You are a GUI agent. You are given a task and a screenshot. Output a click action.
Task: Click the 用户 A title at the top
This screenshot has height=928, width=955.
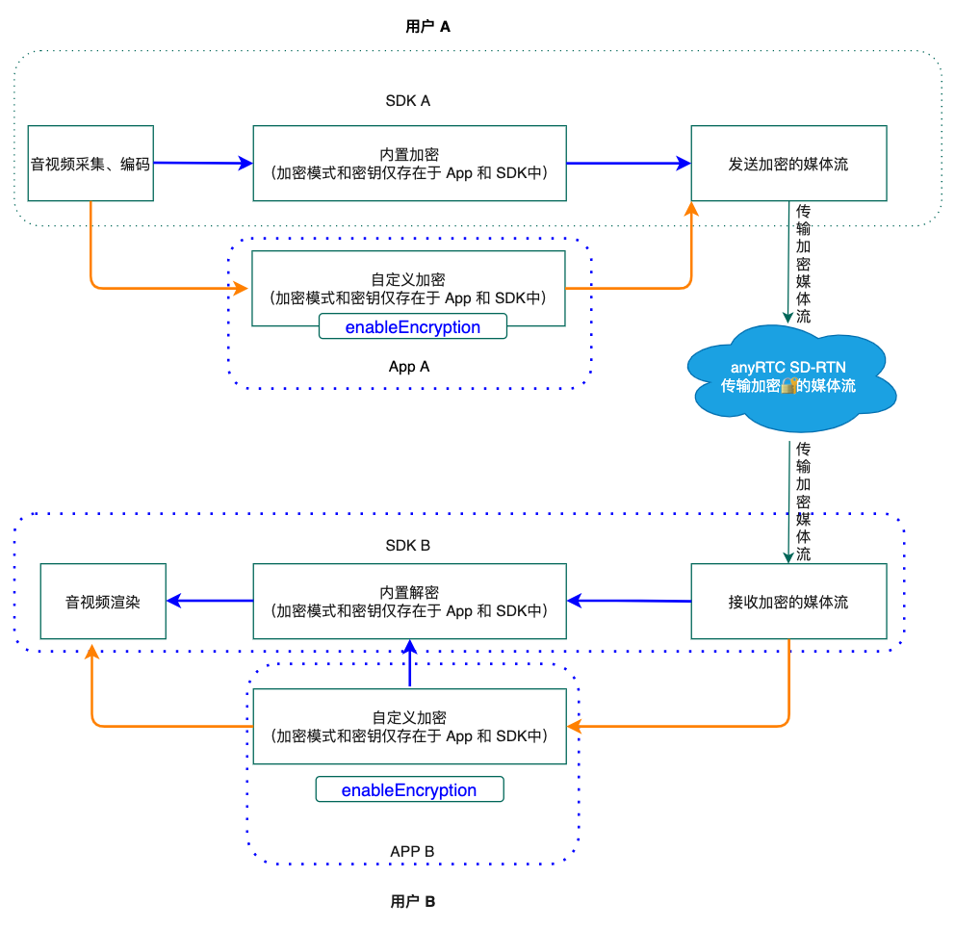[427, 27]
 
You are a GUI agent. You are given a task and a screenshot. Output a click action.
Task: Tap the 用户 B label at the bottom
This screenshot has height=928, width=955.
[413, 901]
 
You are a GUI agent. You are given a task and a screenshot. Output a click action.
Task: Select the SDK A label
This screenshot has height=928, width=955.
[408, 100]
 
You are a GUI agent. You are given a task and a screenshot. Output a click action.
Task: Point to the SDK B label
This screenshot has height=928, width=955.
[408, 545]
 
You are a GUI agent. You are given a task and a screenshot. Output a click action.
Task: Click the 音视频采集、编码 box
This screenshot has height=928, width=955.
[90, 164]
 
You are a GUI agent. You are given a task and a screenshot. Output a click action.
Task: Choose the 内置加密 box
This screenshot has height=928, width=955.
[410, 164]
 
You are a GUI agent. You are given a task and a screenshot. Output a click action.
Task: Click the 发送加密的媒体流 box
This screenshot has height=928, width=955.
[788, 164]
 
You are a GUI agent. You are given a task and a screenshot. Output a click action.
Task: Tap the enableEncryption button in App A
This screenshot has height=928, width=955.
[413, 326]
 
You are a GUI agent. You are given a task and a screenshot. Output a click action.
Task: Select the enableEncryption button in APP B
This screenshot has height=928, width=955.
[409, 789]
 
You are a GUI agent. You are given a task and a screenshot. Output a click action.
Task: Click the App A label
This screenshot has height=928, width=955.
[409, 367]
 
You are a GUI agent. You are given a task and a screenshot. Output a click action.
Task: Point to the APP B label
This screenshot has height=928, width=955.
[412, 851]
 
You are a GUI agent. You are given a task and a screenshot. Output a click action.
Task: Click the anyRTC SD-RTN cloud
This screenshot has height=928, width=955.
[790, 377]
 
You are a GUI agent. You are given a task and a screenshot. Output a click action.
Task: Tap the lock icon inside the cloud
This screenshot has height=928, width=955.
[788, 385]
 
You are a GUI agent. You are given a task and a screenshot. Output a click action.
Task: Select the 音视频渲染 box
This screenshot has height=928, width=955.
[104, 601]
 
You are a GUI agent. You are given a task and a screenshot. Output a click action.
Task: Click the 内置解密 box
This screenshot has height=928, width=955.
[410, 601]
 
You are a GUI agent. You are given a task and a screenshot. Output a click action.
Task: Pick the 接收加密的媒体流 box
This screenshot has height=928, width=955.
[788, 601]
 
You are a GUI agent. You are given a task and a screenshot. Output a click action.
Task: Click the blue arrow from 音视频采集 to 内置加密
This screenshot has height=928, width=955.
[203, 163]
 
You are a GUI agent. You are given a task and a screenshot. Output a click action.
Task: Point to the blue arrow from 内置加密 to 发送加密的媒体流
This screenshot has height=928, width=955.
[629, 164]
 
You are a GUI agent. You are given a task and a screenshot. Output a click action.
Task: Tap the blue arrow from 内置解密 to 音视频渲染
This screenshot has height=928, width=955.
[210, 601]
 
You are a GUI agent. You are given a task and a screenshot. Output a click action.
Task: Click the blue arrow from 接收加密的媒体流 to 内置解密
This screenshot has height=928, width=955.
[630, 601]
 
